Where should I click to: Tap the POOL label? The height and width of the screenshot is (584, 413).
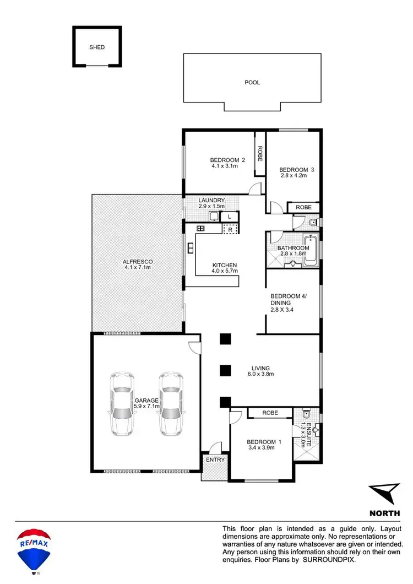pyautogui.click(x=252, y=83)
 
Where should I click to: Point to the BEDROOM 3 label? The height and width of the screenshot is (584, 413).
pyautogui.click(x=296, y=170)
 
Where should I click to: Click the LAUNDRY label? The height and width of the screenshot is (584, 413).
pyautogui.click(x=211, y=200)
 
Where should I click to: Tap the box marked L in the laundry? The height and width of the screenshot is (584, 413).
pyautogui.click(x=230, y=217)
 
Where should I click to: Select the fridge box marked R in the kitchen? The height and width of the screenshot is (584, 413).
pyautogui.click(x=231, y=229)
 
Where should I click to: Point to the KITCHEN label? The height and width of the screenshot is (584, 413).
pyautogui.click(x=225, y=265)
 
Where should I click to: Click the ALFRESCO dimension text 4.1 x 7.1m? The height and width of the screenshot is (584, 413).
pyautogui.click(x=137, y=267)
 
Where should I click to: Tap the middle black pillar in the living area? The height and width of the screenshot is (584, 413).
pyautogui.click(x=224, y=371)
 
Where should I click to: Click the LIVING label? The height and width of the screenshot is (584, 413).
pyautogui.click(x=260, y=368)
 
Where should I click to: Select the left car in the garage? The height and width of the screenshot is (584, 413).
pyautogui.click(x=121, y=404)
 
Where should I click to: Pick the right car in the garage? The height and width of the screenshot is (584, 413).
pyautogui.click(x=170, y=404)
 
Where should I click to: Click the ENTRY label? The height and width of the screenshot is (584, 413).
pyautogui.click(x=214, y=459)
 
